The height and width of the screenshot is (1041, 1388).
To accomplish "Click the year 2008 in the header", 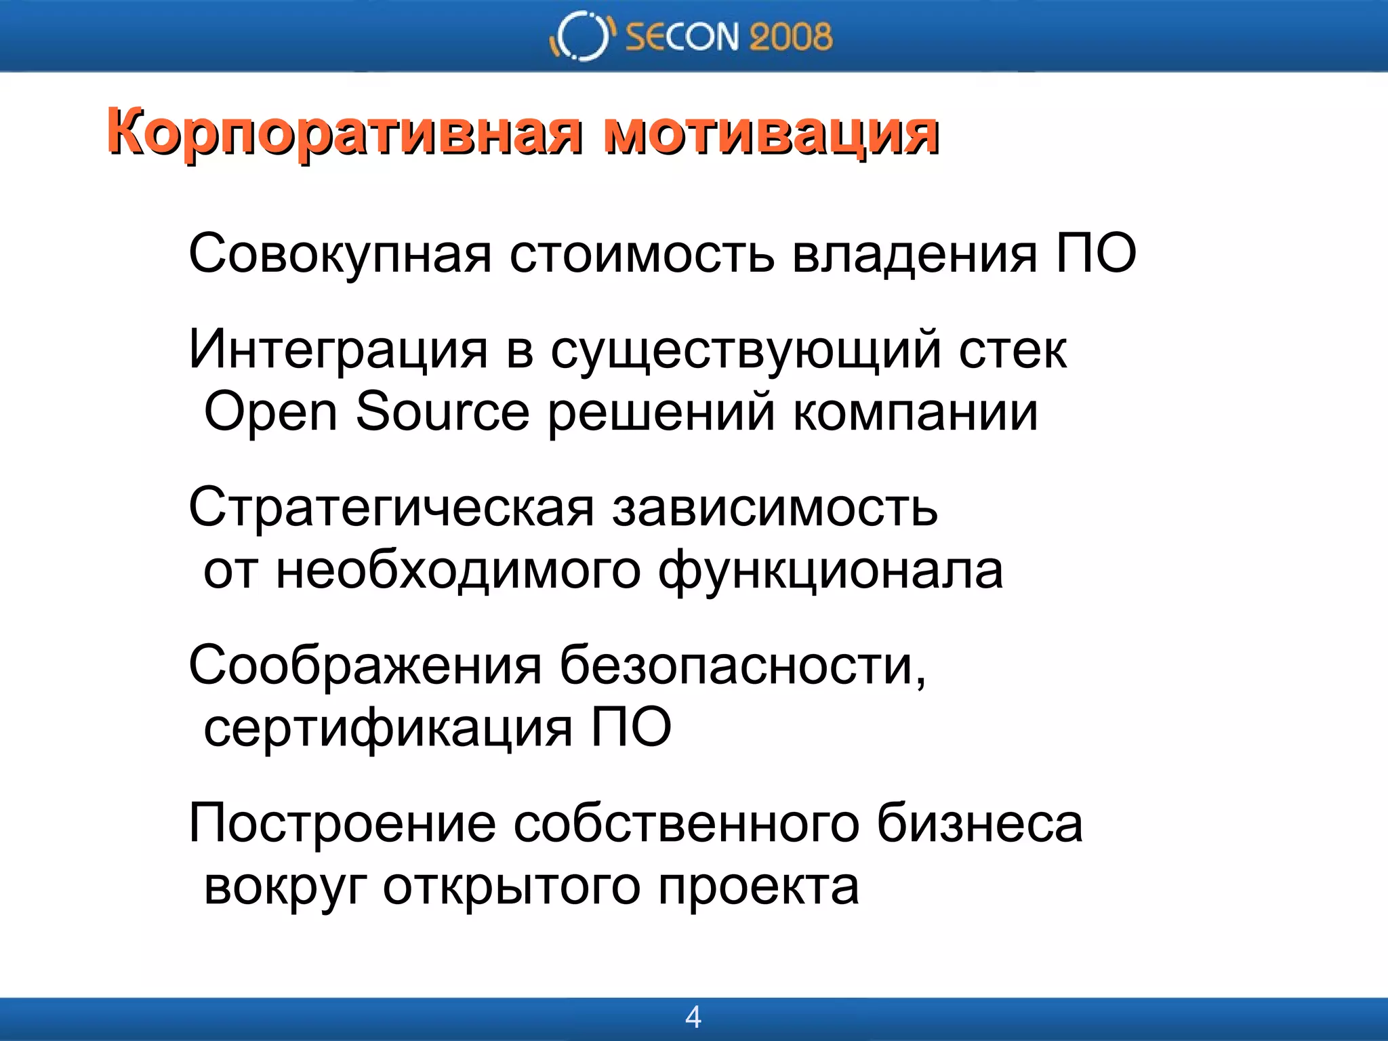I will (x=790, y=37).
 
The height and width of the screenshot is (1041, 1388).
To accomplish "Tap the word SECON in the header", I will (x=680, y=37).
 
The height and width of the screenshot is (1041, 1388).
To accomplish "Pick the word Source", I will (x=442, y=411).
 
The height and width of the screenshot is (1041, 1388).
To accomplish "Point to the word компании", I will (x=915, y=411).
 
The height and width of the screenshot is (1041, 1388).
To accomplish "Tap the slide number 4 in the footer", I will (x=693, y=1017).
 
